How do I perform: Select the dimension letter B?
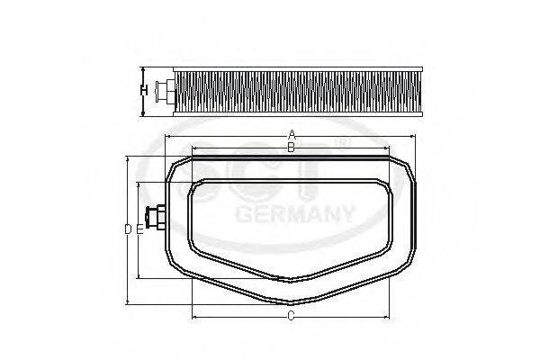click(x=290, y=148)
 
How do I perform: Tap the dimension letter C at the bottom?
click(x=291, y=316)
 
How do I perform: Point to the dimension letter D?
click(x=128, y=229)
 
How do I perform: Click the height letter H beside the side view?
click(x=143, y=90)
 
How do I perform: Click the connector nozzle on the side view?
click(x=165, y=90)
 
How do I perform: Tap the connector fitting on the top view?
click(x=155, y=219)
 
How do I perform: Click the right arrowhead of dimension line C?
click(x=389, y=317)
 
